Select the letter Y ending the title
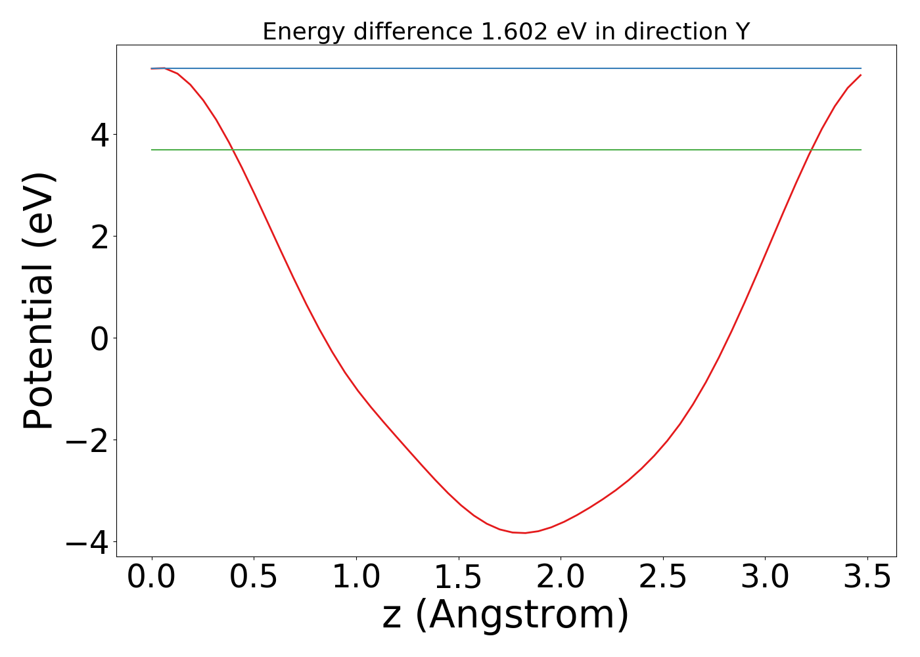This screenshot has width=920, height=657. [x=743, y=32]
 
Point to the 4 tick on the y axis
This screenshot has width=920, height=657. [x=100, y=135]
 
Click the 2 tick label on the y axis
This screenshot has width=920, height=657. [x=100, y=237]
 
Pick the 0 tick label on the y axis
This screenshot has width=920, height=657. [x=100, y=338]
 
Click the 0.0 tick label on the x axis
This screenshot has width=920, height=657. [x=152, y=578]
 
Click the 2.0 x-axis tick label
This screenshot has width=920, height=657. [x=561, y=578]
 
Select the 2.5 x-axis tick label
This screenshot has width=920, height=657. [x=662, y=578]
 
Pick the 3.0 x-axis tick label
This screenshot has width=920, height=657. [x=765, y=578]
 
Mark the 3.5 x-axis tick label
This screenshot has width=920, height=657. [x=867, y=578]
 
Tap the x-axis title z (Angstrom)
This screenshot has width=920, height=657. [x=505, y=616]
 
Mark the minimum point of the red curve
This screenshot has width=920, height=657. [x=524, y=533]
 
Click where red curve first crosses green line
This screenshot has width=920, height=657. [x=233, y=150]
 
